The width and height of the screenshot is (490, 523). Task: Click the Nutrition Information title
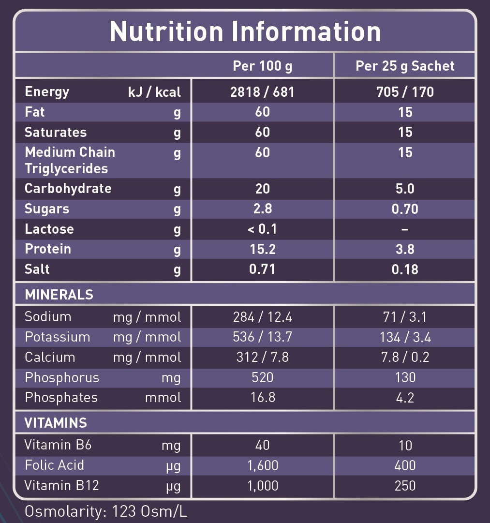click(245, 31)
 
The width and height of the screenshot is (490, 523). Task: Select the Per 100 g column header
click(262, 66)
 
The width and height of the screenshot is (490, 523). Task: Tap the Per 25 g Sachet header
click(405, 66)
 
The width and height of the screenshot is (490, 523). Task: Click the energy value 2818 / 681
click(262, 91)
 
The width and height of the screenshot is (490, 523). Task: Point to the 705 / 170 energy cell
click(405, 91)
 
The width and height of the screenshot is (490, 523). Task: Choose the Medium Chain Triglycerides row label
click(70, 160)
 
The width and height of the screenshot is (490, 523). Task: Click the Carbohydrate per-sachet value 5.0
click(405, 189)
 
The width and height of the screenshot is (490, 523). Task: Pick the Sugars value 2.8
click(262, 209)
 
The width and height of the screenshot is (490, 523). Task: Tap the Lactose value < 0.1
click(262, 229)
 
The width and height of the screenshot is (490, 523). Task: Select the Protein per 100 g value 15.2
click(262, 249)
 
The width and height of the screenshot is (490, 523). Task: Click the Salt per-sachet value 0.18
click(405, 269)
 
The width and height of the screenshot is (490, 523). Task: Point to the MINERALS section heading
click(59, 295)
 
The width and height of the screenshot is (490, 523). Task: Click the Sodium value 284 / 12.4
click(262, 317)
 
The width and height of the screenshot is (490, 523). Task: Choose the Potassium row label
click(57, 337)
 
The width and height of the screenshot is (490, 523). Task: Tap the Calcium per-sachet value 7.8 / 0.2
click(405, 358)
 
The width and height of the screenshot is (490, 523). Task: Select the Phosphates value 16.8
click(262, 398)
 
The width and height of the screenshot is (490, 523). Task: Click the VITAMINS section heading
click(56, 423)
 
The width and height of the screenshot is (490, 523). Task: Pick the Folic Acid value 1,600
click(262, 465)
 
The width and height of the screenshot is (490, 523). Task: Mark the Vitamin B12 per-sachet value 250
click(405, 486)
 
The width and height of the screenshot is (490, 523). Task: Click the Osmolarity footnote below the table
click(106, 512)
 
